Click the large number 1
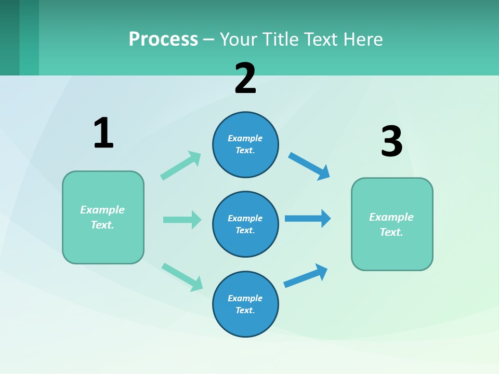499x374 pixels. click(103, 132)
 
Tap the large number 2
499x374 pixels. click(245, 78)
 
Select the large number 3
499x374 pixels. click(391, 141)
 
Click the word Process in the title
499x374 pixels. click(163, 39)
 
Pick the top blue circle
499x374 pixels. click(245, 144)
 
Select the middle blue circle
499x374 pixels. click(245, 224)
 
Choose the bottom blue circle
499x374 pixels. click(245, 304)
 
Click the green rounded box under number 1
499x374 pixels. click(103, 217)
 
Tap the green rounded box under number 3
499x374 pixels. click(392, 224)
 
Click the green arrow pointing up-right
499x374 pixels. click(181, 166)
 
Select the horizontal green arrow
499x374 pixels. click(182, 220)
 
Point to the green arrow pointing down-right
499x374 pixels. click(182, 277)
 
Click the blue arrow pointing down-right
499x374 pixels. click(309, 166)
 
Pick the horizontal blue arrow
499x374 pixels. click(308, 218)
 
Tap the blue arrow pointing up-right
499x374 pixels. click(306, 275)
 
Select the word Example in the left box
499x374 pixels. click(102, 210)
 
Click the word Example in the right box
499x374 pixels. click(391, 217)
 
